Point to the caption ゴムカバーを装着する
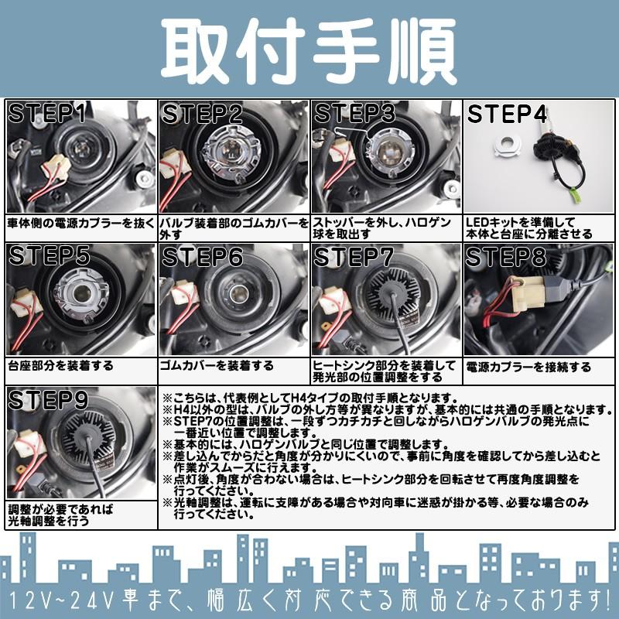tap(217, 366)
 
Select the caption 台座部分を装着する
tap(60, 366)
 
